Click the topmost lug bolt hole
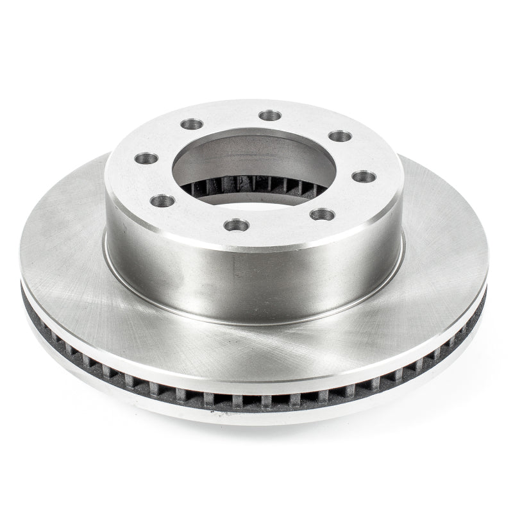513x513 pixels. point(270,115)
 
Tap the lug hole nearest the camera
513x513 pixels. point(237,224)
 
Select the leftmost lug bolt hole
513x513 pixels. point(146,158)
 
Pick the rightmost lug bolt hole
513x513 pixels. point(364,176)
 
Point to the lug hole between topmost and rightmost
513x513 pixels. point(340,136)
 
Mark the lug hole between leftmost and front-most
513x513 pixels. point(163,201)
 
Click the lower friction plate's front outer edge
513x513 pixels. point(256,417)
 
